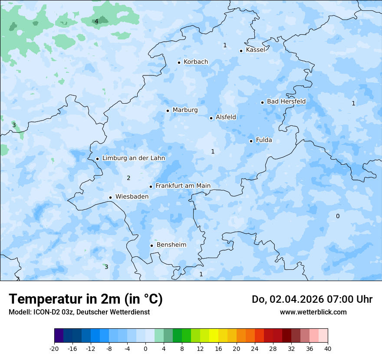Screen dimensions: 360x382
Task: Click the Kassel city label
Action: tap(255, 50)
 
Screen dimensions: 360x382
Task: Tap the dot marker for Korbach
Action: tap(179, 62)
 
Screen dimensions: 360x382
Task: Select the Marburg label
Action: tap(185, 110)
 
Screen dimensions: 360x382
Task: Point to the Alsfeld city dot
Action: tap(211, 118)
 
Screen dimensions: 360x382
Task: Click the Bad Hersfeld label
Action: tap(286, 101)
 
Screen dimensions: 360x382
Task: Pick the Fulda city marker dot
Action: tap(251, 141)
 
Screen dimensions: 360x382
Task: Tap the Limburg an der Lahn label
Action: tap(133, 158)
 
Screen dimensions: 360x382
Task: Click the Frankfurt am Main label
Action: tap(183, 186)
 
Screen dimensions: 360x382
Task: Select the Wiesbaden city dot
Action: tap(110, 197)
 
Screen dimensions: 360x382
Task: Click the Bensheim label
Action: tap(171, 245)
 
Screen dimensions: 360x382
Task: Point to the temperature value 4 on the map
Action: tap(96, 21)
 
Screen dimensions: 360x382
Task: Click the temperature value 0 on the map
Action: tap(338, 216)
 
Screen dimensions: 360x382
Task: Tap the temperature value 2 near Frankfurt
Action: tap(128, 178)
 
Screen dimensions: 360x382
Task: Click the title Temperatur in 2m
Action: tap(86, 299)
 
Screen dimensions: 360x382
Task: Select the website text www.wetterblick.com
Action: tap(313, 312)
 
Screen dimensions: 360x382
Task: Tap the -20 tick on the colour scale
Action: tap(54, 348)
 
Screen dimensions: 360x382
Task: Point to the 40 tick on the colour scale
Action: tap(328, 348)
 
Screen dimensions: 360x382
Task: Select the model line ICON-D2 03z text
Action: tap(79, 312)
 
